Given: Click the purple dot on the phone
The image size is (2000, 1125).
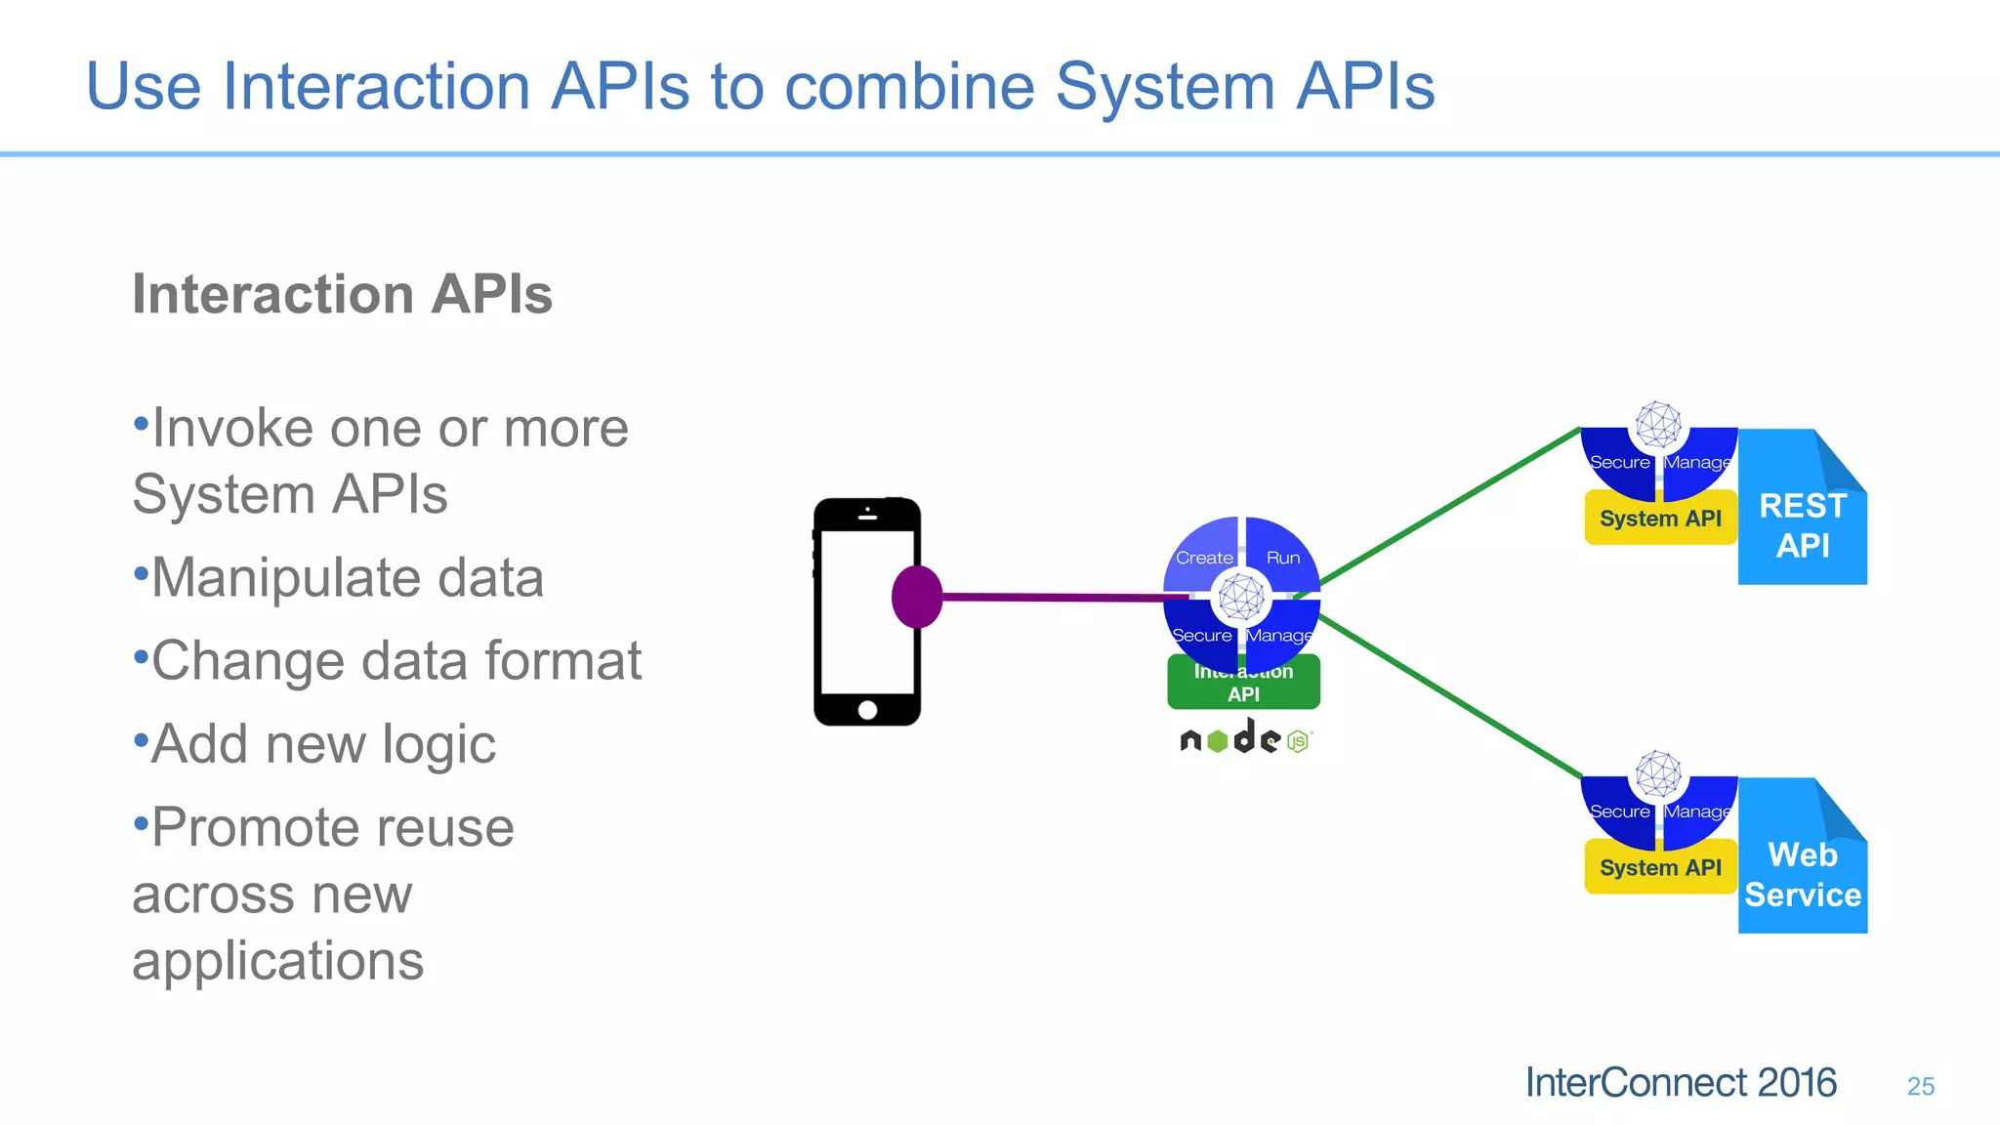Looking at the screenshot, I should coord(916,597).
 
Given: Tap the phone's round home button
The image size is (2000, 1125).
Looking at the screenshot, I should coord(867,710).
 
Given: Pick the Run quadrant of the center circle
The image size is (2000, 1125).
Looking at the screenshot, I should coord(1281,554).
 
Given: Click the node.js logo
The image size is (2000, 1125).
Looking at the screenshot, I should coord(1245,739).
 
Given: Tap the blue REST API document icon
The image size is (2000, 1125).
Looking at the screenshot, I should coord(1802,518).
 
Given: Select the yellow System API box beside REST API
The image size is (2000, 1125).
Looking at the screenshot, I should coord(1659,519).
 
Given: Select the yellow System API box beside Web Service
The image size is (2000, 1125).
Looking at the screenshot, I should coord(1659,867).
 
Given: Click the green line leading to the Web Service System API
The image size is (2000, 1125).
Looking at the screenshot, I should coord(1450,696).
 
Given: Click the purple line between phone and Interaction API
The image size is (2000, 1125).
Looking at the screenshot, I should coord(1055,597).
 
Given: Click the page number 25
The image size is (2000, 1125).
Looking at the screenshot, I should coord(1920,1086).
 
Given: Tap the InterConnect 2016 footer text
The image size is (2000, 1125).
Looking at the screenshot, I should coord(1680,1083).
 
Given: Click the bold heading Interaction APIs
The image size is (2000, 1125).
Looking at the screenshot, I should coord(342,294).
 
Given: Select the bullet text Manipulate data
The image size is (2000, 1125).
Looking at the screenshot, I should coord(347,577).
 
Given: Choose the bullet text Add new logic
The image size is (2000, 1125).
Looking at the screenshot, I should coord(322,744).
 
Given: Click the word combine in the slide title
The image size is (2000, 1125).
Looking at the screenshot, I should coord(909,87).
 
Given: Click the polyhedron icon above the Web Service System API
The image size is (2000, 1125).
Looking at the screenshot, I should coord(1658,774).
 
